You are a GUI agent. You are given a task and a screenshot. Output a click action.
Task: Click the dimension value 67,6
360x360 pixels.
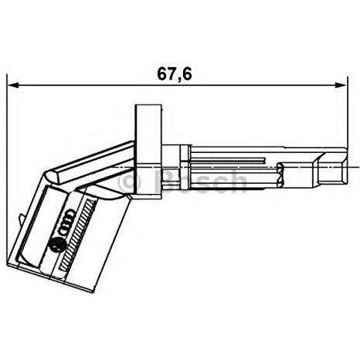(x=175, y=74)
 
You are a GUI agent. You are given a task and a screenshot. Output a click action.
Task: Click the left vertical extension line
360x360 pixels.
(x=7, y=155)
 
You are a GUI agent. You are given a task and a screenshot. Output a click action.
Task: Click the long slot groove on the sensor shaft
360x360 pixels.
(x=232, y=164)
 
